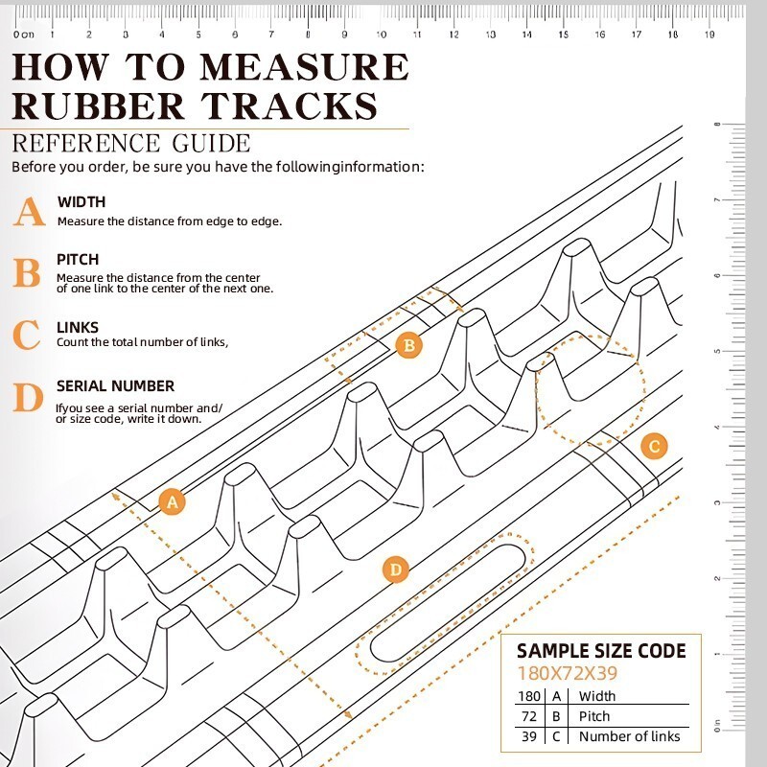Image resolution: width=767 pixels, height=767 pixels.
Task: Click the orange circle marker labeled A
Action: tap(172, 500)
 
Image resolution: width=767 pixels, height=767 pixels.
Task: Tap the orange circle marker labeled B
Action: tap(409, 345)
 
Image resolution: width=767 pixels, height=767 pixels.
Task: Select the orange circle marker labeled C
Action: tap(654, 446)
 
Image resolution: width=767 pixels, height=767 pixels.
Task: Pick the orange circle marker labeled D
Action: tap(395, 570)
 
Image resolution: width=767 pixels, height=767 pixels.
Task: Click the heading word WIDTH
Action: tap(81, 202)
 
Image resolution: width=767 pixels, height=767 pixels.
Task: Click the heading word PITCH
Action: tap(78, 260)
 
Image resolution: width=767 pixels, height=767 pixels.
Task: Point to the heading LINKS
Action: tap(78, 328)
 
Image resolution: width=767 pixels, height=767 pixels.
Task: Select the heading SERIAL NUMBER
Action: tap(115, 386)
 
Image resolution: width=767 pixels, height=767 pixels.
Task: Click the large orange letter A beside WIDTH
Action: tap(29, 212)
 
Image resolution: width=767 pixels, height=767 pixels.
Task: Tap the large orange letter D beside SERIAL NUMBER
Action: tap(29, 397)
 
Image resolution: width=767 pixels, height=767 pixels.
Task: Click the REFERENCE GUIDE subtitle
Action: tap(131, 144)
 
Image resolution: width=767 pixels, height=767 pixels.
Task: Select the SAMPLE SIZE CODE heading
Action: tap(601, 652)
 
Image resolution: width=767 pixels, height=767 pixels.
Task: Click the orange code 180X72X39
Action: tap(567, 674)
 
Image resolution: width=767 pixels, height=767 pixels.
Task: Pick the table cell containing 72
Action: tap(529, 716)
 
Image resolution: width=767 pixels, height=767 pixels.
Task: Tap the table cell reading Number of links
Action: tap(629, 736)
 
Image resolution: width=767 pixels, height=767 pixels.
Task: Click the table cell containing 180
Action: tap(529, 696)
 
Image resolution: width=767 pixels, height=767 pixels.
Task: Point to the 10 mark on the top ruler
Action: tap(382, 34)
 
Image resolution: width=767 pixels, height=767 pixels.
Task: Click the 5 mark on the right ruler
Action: tap(717, 351)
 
